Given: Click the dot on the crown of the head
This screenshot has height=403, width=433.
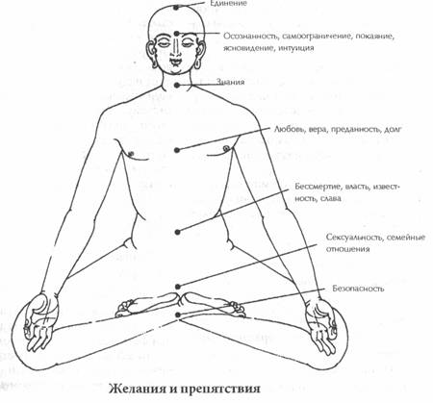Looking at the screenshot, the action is click(176, 7).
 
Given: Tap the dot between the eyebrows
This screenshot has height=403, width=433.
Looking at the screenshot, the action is click(177, 34).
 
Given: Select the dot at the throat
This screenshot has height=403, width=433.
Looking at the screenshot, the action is click(177, 85).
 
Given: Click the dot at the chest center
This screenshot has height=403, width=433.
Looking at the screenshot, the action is click(177, 150).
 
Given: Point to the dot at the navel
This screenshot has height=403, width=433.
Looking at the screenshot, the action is click(177, 232).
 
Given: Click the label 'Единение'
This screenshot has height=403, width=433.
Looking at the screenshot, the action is click(228, 4).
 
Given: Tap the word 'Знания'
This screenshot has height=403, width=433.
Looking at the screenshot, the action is click(230, 82).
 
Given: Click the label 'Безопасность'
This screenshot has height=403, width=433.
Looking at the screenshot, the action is click(358, 289).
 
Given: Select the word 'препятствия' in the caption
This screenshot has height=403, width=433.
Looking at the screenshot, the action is click(218, 390).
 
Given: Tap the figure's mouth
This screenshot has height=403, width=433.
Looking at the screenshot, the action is click(175, 61).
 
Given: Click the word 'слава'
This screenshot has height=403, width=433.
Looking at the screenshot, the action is click(331, 199).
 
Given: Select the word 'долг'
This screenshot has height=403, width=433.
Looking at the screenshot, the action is click(392, 130).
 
